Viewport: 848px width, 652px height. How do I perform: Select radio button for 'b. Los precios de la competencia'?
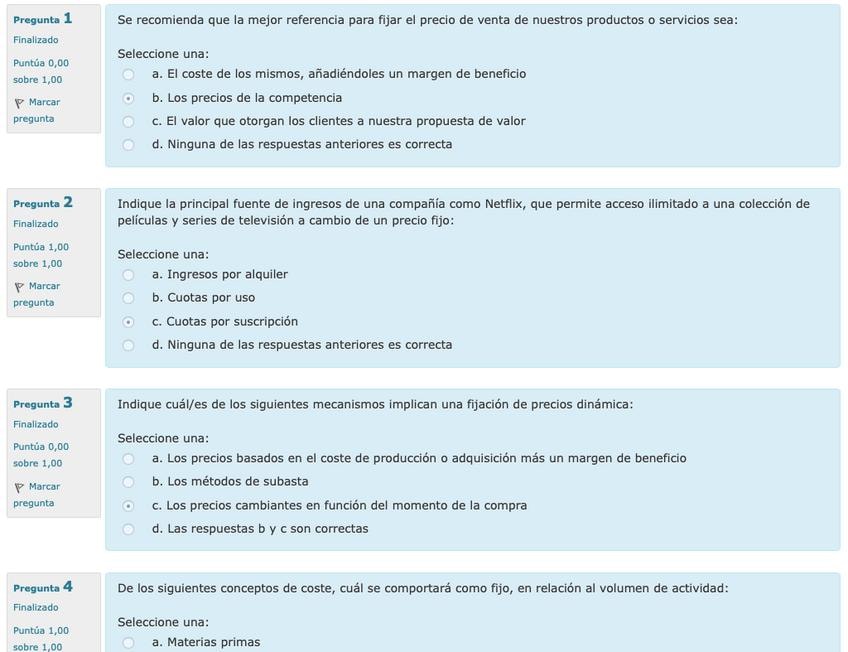coord(128,98)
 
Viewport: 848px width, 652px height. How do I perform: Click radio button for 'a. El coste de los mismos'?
coord(128,74)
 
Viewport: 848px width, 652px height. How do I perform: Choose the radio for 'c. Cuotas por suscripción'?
coord(128,322)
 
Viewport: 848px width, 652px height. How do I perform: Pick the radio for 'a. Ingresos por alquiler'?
coord(128,275)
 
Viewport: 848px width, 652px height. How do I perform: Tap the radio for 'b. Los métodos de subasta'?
coord(128,482)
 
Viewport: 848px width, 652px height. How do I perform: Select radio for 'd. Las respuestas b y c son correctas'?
coord(128,529)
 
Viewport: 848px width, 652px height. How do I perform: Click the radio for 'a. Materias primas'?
coord(128,643)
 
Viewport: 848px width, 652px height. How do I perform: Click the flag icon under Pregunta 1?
coord(19,103)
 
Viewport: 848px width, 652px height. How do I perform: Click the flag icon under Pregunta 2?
coord(19,287)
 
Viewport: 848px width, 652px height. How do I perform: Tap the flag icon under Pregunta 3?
coord(19,487)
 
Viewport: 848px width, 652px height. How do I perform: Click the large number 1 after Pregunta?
coord(67,18)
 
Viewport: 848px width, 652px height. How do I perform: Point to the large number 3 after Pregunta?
coord(67,403)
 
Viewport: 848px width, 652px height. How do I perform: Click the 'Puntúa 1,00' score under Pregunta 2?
coord(41,247)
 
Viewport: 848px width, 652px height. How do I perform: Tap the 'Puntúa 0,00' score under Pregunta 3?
coord(41,447)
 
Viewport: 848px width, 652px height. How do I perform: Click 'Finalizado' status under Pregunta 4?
coord(36,607)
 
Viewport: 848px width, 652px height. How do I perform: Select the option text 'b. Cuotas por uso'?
coord(203,298)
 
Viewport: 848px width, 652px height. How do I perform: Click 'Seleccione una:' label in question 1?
coord(163,54)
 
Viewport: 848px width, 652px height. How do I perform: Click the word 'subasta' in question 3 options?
coord(285,482)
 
